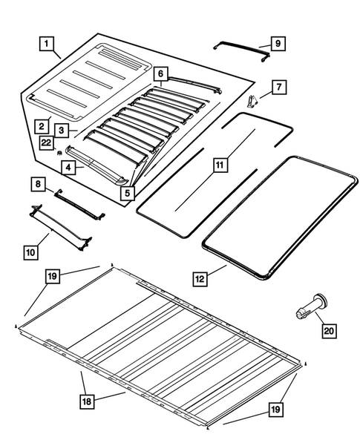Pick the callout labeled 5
[x=128, y=193]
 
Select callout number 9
[x=276, y=45]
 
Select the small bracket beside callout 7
[x=255, y=99]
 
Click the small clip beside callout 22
[x=58, y=152]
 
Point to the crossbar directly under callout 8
[x=79, y=203]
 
